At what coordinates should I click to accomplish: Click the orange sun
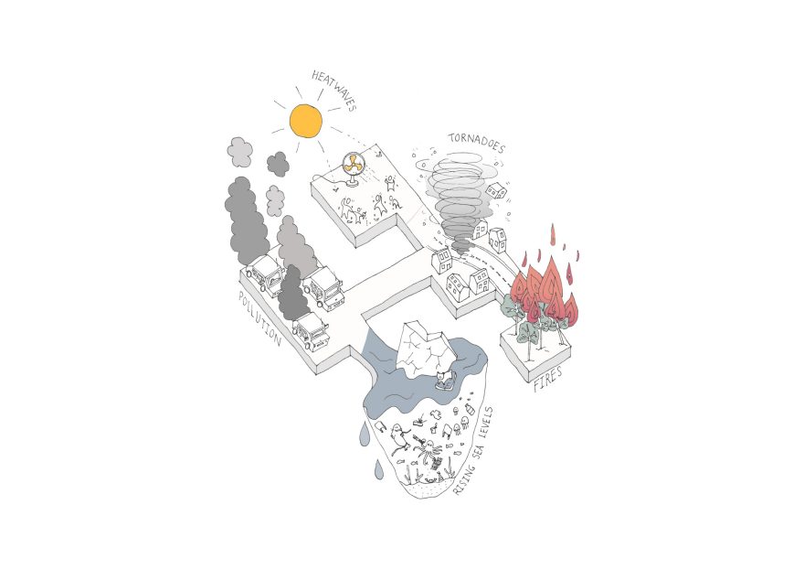(x=306, y=120)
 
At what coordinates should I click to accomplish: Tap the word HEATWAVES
(x=334, y=91)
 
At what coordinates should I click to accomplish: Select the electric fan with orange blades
(x=353, y=166)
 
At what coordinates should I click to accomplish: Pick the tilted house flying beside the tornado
(x=495, y=190)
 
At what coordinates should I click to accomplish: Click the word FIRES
(x=548, y=377)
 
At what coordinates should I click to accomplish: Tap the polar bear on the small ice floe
(x=444, y=377)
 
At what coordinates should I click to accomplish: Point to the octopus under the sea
(x=429, y=449)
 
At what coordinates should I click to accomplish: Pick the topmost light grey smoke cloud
(x=240, y=152)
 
